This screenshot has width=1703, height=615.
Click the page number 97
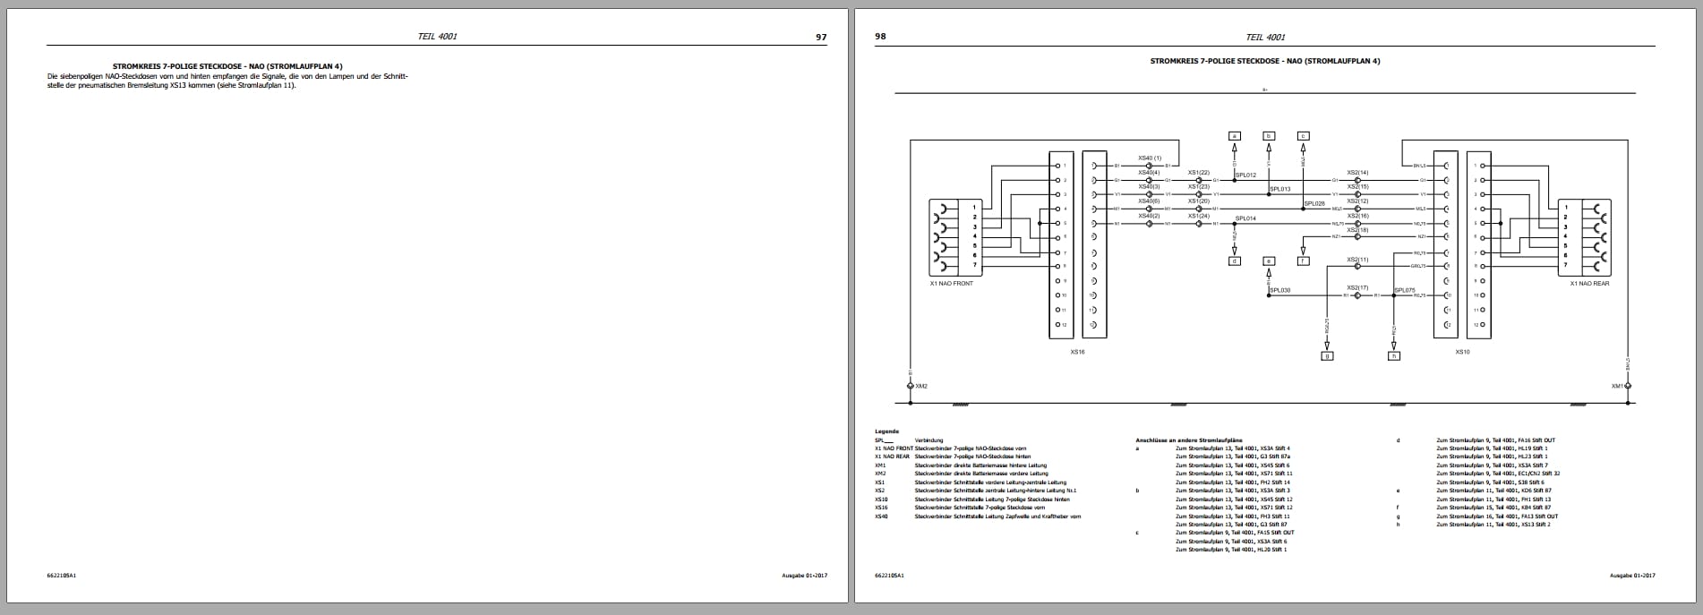(x=820, y=37)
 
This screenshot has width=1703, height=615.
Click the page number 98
(x=880, y=37)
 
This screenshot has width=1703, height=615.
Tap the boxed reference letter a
(x=1235, y=136)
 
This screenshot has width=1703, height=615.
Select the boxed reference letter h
(x=1393, y=355)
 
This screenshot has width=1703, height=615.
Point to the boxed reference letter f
(x=1303, y=261)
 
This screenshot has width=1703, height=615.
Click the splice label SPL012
(x=1245, y=175)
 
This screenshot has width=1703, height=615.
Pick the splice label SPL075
(x=1404, y=290)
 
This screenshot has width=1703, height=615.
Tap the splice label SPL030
(x=1279, y=290)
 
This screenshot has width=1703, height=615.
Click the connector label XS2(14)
(x=1357, y=173)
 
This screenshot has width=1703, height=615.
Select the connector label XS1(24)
(x=1198, y=216)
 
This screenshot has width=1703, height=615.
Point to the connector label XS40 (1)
(x=1150, y=158)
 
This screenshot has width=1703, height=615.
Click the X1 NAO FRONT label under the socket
(x=951, y=284)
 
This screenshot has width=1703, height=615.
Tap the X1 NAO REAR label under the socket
(x=1589, y=284)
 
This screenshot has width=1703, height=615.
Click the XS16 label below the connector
(x=1077, y=352)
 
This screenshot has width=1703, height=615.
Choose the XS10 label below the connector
(x=1462, y=352)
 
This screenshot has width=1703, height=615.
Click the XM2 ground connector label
(x=921, y=386)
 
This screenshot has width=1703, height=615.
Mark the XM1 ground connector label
(x=1617, y=386)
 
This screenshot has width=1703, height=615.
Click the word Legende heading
(x=886, y=431)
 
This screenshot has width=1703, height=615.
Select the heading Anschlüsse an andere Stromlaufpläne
(x=1188, y=440)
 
